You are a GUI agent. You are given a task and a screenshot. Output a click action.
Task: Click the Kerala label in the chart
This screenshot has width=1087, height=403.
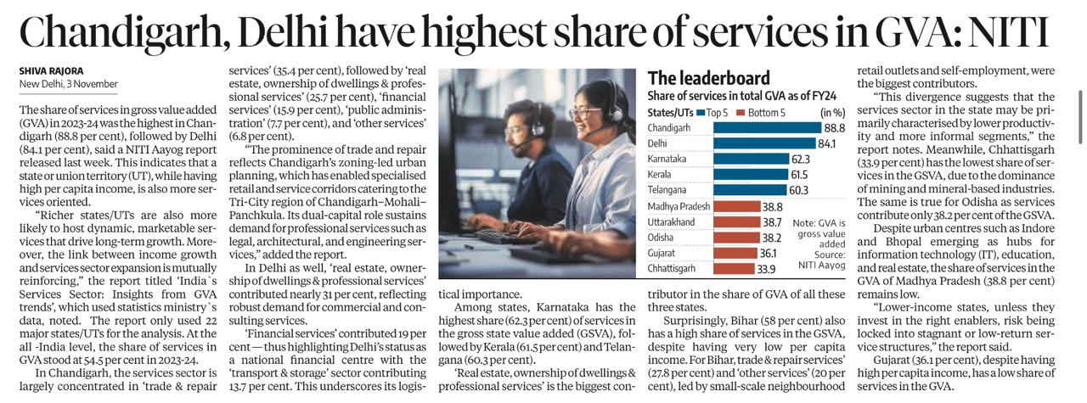click(662, 174)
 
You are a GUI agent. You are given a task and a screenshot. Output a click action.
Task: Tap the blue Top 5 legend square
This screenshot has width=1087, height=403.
click(701, 112)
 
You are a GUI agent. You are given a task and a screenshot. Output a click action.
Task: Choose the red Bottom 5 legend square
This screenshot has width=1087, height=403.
click(740, 112)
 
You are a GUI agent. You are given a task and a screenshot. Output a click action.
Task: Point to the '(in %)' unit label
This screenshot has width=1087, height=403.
click(833, 112)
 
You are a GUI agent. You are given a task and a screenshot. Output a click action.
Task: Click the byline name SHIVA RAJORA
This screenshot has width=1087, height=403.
click(49, 70)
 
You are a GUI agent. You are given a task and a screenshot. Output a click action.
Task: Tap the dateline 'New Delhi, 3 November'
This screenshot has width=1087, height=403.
click(68, 84)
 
